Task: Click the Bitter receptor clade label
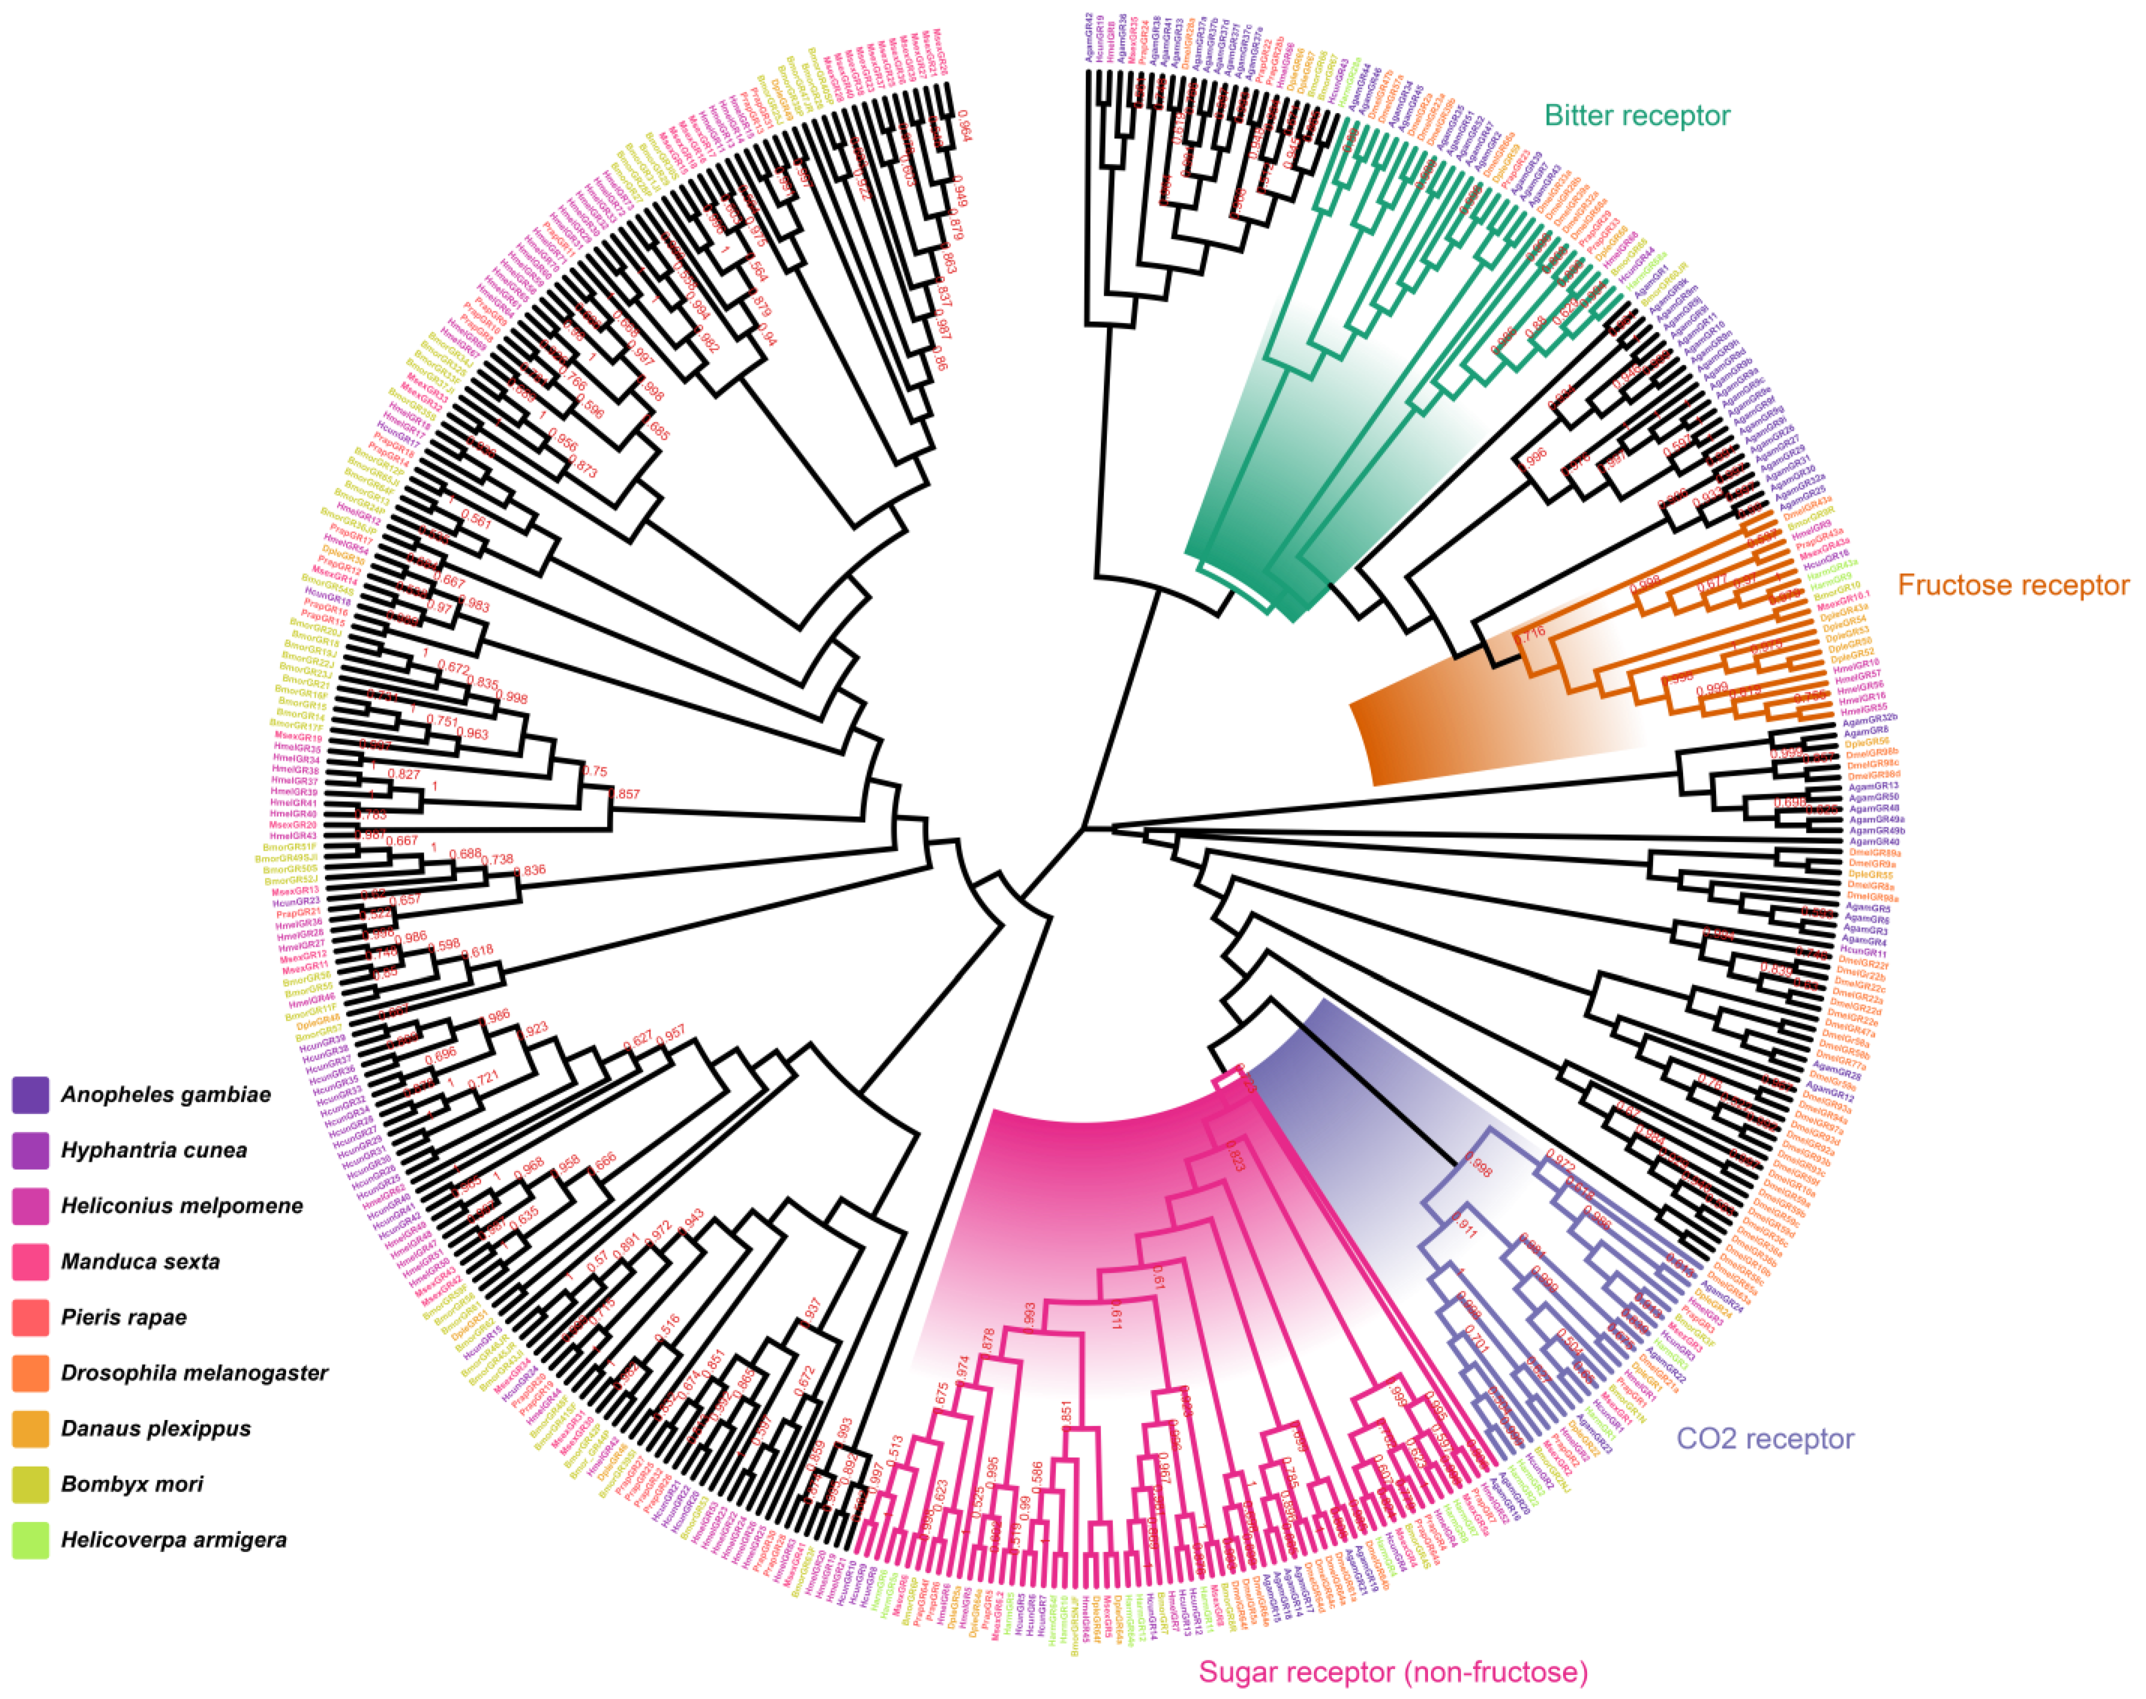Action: click(1636, 116)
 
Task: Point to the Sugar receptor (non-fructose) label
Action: click(1393, 1672)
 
